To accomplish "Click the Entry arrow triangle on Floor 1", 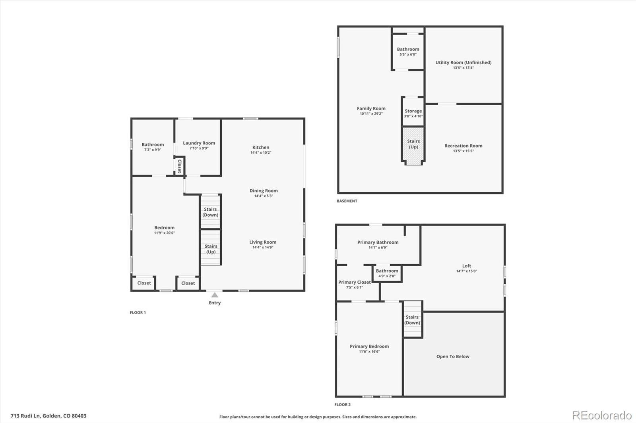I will (x=215, y=295).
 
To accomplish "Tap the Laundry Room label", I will (x=199, y=143).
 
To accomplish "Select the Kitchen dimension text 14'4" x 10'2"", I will (x=261, y=153).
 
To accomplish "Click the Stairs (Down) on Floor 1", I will (x=210, y=212).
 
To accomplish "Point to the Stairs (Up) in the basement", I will (x=413, y=144).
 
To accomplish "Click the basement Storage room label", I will (x=413, y=111).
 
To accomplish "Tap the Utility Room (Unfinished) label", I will (x=463, y=63).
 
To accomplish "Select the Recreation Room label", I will (x=463, y=146).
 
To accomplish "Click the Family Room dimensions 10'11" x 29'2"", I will (x=371, y=114).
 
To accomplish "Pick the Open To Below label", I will (x=453, y=357).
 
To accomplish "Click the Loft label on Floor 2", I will (x=467, y=266).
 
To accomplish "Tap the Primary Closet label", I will (x=354, y=283).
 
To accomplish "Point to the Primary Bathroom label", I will (x=378, y=242).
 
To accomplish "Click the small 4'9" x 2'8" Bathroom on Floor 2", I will (x=387, y=273).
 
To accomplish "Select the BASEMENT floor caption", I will (x=347, y=201).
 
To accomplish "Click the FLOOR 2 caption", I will (x=342, y=405).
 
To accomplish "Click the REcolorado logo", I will (x=601, y=415).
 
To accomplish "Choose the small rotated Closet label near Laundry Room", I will (x=179, y=166).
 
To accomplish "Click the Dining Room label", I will (x=264, y=191).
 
